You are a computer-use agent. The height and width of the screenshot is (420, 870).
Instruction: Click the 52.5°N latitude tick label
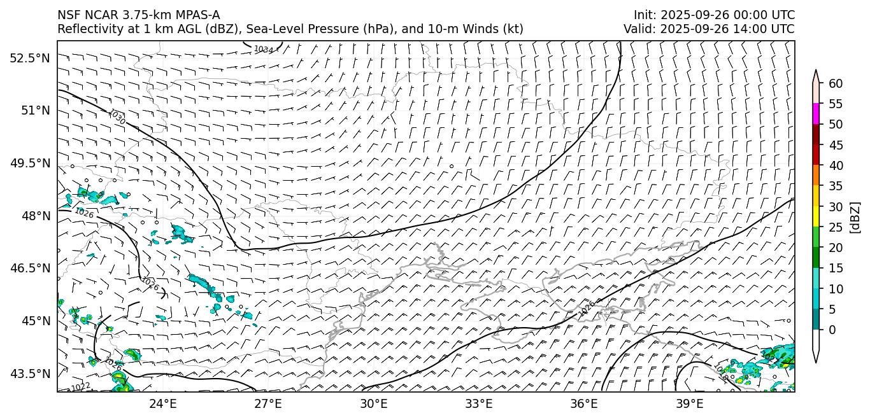click(x=29, y=58)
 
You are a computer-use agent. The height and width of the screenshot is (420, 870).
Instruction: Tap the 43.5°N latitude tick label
click(x=29, y=374)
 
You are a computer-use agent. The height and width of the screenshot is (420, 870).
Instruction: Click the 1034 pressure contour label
click(x=263, y=49)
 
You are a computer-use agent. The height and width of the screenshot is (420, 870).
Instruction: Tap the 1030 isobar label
click(x=117, y=117)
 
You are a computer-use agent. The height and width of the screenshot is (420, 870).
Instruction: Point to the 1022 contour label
click(x=80, y=387)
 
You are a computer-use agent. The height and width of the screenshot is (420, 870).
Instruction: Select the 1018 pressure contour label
click(x=722, y=374)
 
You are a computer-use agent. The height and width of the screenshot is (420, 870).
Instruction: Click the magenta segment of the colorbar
click(x=816, y=114)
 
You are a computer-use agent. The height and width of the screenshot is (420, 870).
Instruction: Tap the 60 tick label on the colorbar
click(x=836, y=83)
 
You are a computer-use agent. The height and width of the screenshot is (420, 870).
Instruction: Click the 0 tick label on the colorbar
click(x=832, y=330)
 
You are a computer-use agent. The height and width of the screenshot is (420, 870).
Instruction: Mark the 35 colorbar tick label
click(x=836, y=186)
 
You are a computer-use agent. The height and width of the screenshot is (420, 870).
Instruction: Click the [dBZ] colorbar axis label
click(x=855, y=218)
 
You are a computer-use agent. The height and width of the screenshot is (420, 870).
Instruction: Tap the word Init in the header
click(x=645, y=15)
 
